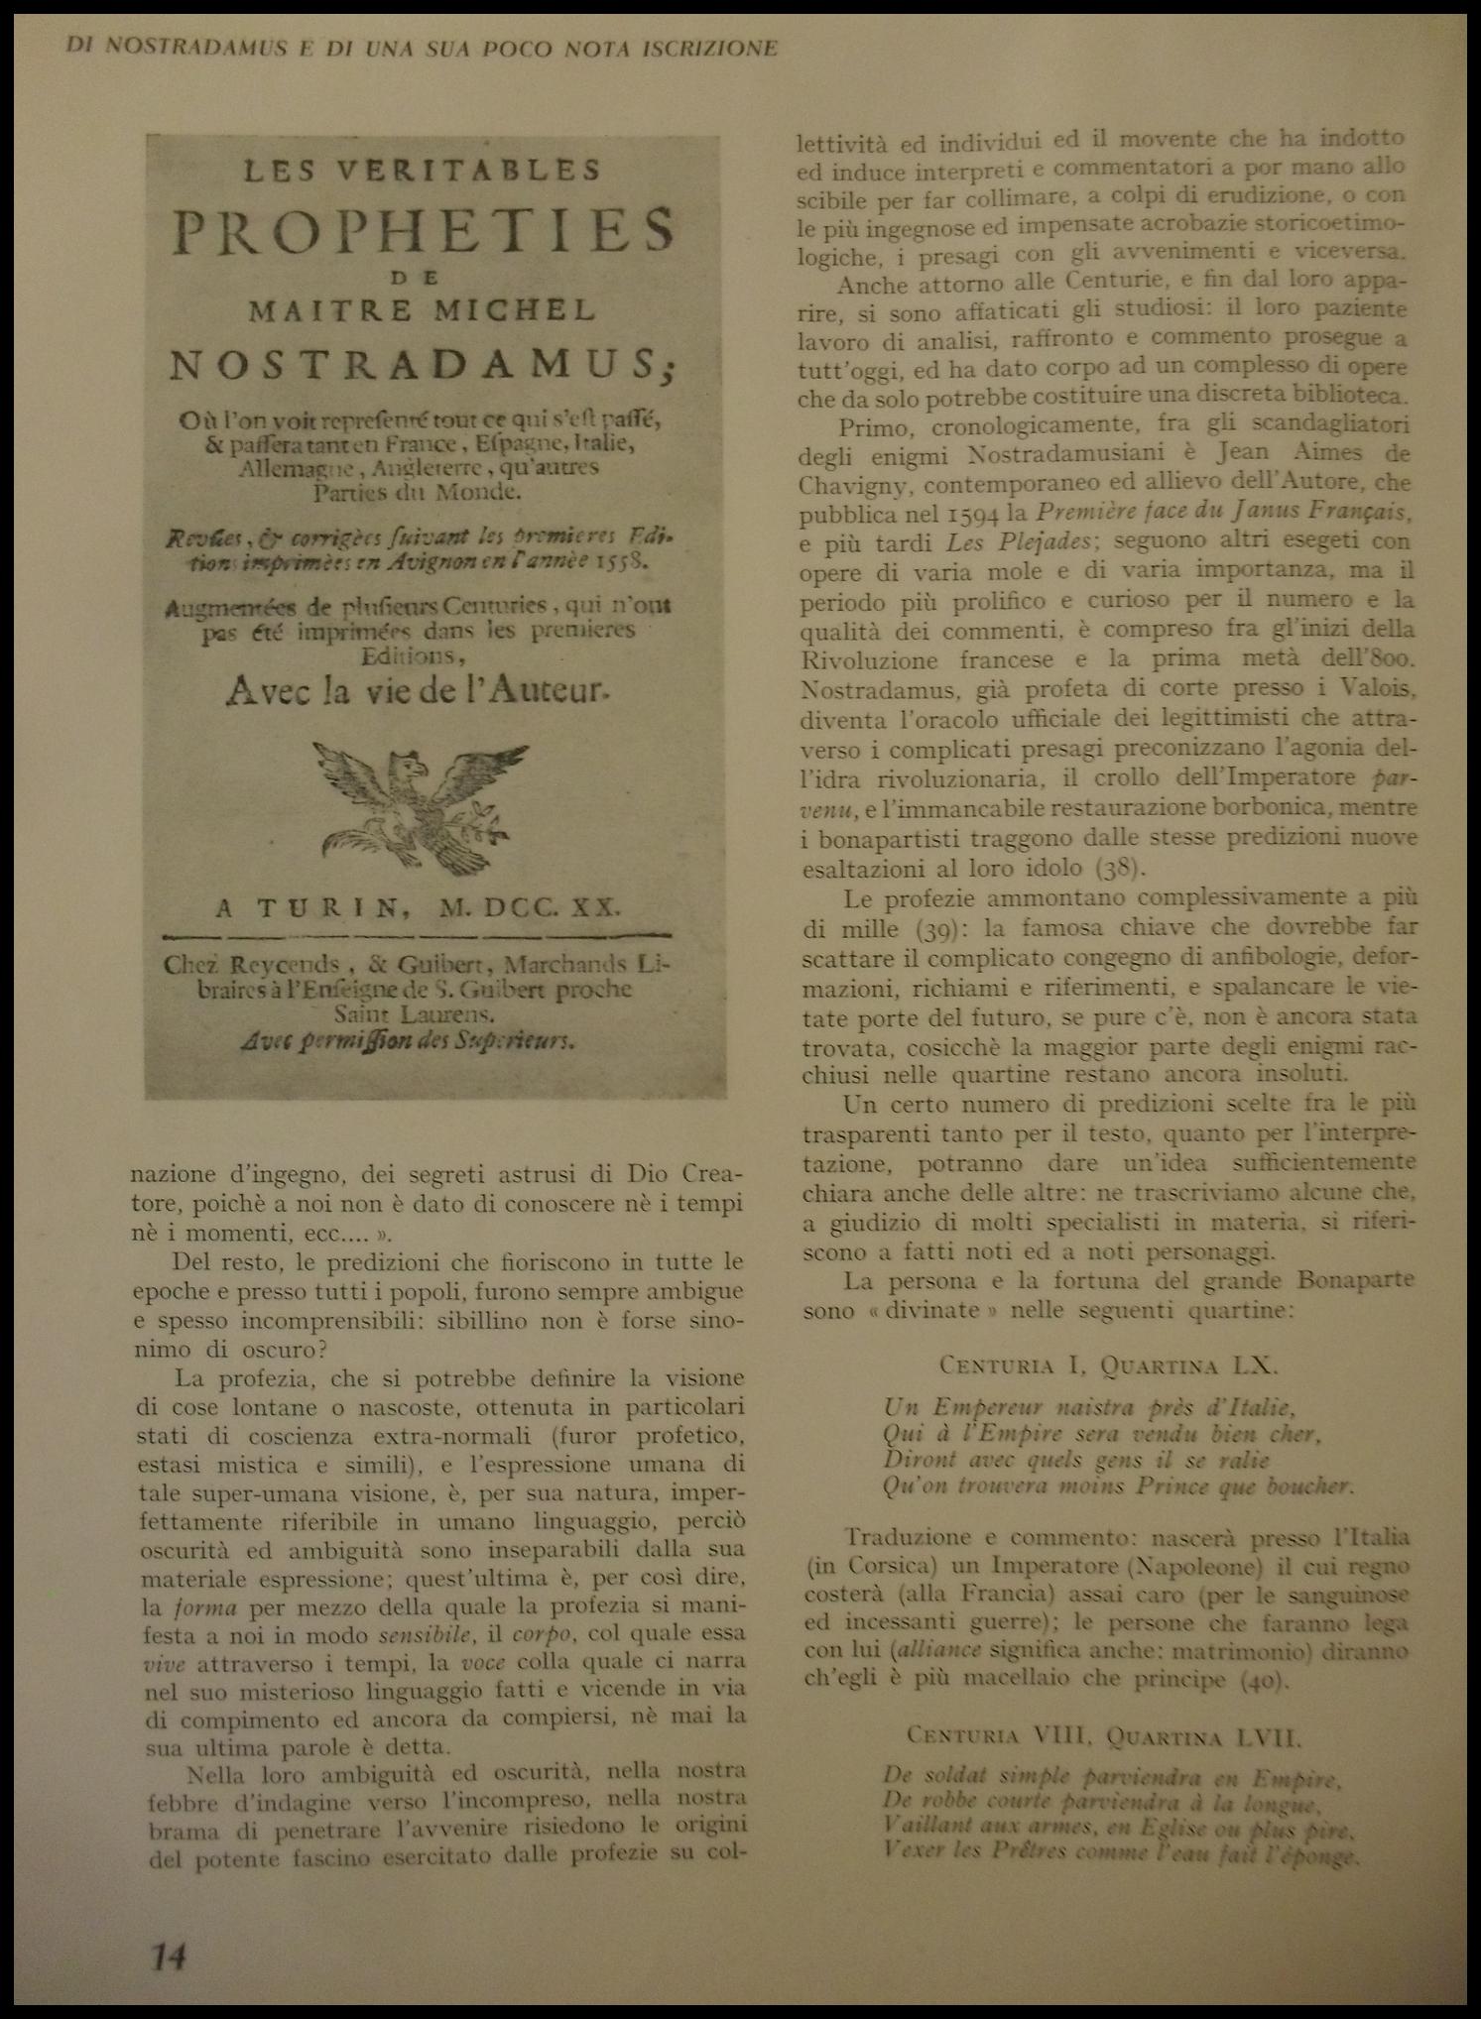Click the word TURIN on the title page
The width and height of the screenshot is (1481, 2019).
click(315, 907)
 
